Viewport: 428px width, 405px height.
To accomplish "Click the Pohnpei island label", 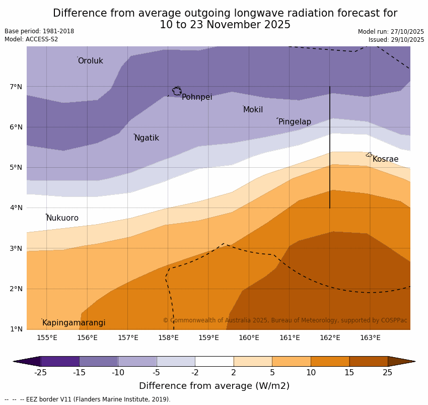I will (x=197, y=97).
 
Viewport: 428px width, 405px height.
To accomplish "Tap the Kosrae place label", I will (x=385, y=159).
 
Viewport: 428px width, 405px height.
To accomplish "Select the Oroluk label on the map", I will (x=90, y=61).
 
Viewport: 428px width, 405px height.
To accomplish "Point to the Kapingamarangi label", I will (x=74, y=323).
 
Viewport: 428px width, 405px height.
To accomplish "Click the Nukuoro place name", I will (x=62, y=218).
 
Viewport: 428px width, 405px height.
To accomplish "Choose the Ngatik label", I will (x=147, y=138).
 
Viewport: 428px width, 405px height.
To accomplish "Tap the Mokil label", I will (x=253, y=110).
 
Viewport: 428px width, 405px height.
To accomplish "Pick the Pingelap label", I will (x=295, y=122).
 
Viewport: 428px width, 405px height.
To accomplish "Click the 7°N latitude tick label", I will (x=16, y=87).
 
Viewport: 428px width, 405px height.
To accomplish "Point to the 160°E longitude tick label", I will (x=249, y=338).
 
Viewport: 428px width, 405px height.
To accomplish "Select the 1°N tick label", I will (x=16, y=329).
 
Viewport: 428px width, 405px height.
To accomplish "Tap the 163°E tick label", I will (x=370, y=338).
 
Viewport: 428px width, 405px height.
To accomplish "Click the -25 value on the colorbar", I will (x=40, y=373).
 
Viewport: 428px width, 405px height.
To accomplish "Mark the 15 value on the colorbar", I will (x=349, y=373).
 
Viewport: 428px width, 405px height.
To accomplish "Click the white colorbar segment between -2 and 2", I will (x=214, y=361).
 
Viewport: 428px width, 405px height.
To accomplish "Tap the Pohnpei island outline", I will (x=177, y=91).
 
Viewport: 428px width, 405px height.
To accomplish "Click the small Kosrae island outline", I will (x=369, y=155).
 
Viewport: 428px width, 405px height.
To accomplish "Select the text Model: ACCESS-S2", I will (x=31, y=39).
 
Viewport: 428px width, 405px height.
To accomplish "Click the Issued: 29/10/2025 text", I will (x=396, y=40).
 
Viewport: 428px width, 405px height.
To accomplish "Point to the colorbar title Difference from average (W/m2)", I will (x=214, y=386).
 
